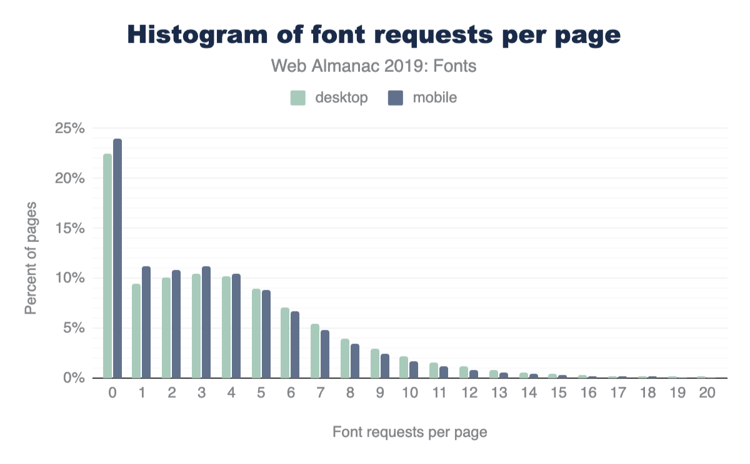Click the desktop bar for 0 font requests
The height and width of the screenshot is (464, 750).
pos(107,266)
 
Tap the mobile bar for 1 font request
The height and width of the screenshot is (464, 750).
pos(146,322)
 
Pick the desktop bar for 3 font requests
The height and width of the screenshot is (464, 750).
pos(196,326)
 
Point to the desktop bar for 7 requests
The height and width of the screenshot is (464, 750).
pos(315,351)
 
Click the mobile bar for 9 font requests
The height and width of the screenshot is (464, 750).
pos(385,366)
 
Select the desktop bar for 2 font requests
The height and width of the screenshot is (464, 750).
pos(166,328)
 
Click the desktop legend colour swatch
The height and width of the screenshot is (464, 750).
pos(297,98)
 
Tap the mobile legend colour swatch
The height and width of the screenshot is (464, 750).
pos(395,98)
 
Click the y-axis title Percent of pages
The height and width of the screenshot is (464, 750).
pos(31,258)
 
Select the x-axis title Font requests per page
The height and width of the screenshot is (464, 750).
pos(409,432)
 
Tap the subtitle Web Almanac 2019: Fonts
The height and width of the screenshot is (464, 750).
pos(374,66)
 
